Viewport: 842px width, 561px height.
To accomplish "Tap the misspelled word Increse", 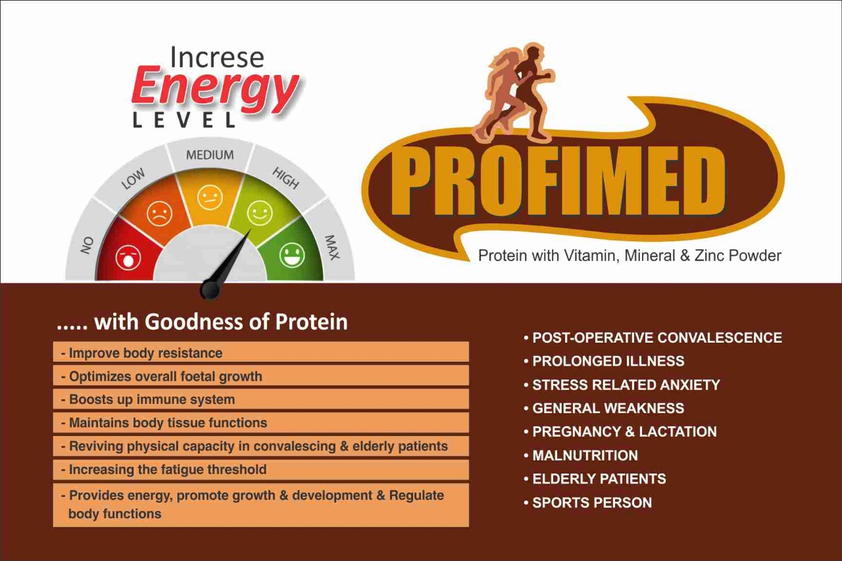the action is (217, 57).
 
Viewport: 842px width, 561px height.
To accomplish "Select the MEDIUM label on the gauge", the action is (210, 155).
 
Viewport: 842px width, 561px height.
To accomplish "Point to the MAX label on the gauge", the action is (332, 248).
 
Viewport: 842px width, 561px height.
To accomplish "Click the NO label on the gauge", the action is (87, 245).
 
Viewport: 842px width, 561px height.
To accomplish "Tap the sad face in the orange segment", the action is (159, 214).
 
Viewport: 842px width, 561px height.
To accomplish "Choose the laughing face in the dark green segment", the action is (291, 255).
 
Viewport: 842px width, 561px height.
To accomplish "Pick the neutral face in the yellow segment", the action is (210, 198).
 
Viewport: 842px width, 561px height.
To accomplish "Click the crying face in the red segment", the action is (128, 258).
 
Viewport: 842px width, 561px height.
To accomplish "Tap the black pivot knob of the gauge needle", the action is (210, 289).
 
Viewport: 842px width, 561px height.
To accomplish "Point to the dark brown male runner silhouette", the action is (531, 91).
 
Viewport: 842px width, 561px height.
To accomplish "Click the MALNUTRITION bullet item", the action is (581, 455).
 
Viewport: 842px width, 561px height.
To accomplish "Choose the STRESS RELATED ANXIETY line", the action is (622, 385).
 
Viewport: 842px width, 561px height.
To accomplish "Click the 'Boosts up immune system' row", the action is (261, 399).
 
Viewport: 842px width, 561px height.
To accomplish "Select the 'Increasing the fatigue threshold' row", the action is (261, 470).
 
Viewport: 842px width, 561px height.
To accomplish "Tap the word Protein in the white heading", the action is (312, 322).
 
